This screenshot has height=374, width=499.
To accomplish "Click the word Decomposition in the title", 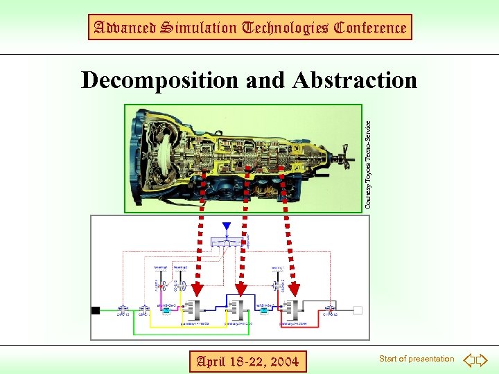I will coord(161,80).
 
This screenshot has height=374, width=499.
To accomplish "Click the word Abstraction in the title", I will coord(355,80).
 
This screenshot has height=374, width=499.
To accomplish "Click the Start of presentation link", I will coord(417,359).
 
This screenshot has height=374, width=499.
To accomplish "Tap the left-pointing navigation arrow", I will coord(469,359).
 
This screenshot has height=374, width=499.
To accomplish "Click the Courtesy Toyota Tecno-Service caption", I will coord(368,165).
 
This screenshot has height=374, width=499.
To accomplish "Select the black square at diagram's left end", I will coord(96,310).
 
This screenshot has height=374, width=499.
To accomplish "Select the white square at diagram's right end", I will coord(358,310).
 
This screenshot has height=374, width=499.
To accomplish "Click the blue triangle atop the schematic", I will coord(226,226).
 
